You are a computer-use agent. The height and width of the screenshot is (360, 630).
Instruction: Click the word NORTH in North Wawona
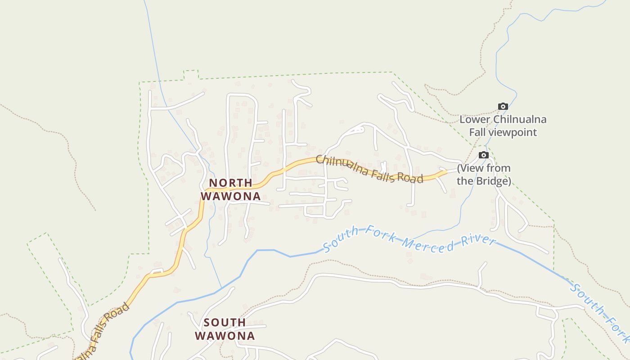click(230, 183)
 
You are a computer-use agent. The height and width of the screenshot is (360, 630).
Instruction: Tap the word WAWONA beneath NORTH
click(230, 196)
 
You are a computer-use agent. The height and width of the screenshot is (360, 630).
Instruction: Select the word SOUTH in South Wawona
click(225, 322)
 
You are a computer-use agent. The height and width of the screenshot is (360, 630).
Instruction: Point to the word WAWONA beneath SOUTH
click(225, 336)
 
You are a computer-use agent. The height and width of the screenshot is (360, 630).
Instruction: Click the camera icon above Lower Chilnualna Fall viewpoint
click(503, 107)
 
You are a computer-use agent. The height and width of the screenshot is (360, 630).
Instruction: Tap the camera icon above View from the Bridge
click(484, 155)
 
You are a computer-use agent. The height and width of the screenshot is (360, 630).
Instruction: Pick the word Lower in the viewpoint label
click(475, 120)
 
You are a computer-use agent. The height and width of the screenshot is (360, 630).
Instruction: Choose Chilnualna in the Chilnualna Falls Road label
click(341, 165)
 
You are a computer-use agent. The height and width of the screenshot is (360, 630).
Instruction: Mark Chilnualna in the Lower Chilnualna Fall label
click(520, 120)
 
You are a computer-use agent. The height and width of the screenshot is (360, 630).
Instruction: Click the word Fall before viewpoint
click(479, 132)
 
